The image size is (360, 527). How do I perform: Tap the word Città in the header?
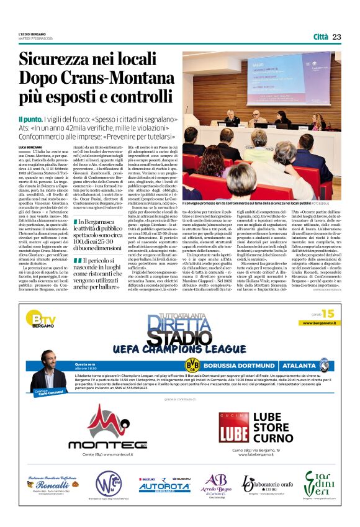click(x=320, y=37)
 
